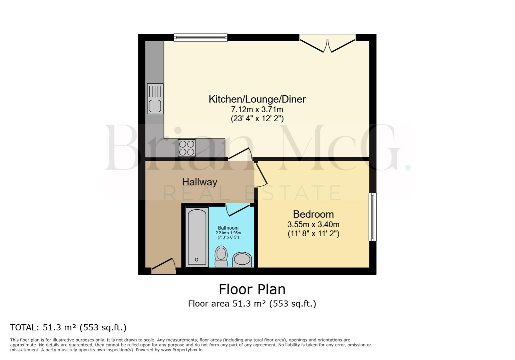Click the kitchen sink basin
tap(155, 106)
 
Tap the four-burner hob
tap(186, 148)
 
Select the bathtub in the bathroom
tap(197, 237)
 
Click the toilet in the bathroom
tap(221, 256)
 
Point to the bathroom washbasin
tap(242, 259)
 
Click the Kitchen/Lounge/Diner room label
tap(257, 99)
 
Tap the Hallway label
tap(199, 182)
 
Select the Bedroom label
tap(313, 214)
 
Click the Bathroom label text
tap(228, 228)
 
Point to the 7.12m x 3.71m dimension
tap(257, 109)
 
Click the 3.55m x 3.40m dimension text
tap(313, 224)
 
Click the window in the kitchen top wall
tap(200, 37)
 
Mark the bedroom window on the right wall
tap(373, 217)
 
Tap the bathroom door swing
tap(237, 210)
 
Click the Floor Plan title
tap(252, 289)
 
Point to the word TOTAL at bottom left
tap(24, 327)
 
